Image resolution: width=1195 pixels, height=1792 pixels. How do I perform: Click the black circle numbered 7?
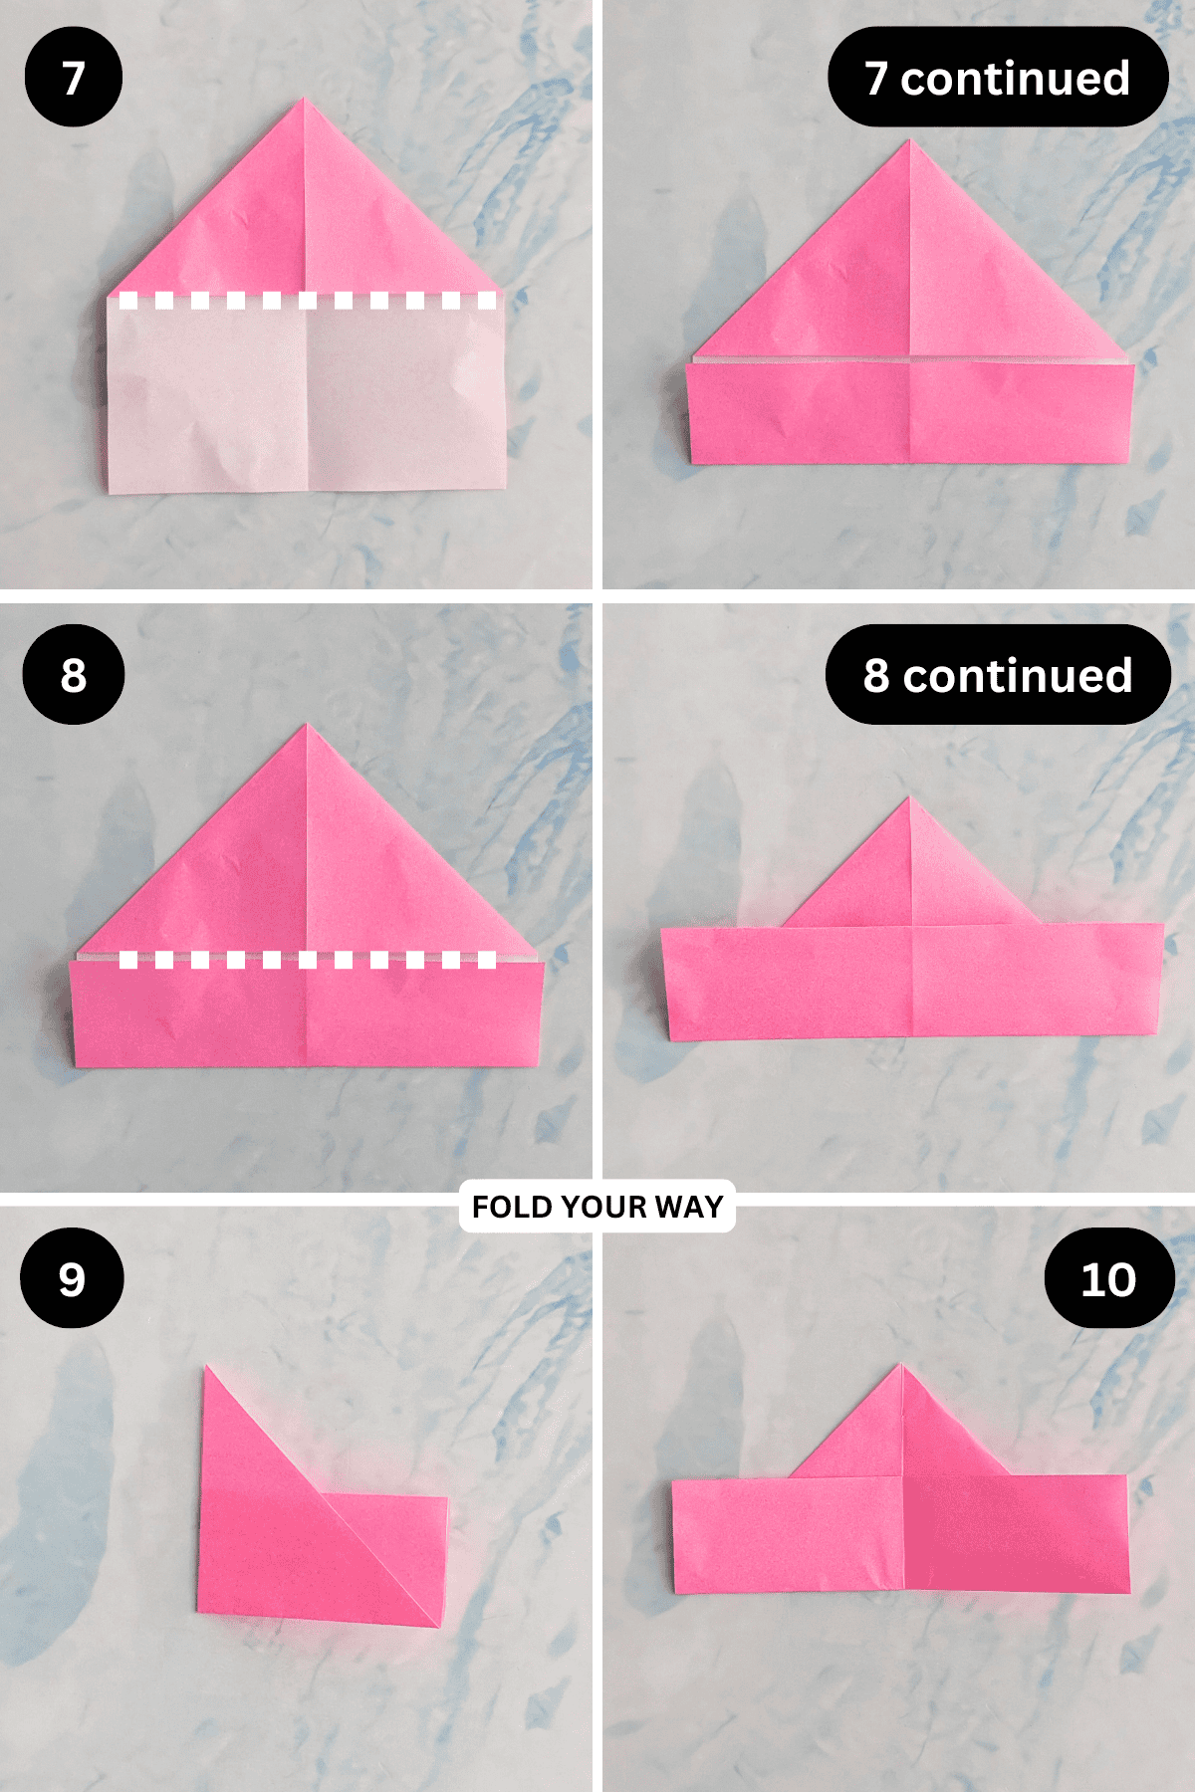pyautogui.click(x=73, y=78)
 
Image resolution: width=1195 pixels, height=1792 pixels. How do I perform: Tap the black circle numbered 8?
pyautogui.click(x=73, y=674)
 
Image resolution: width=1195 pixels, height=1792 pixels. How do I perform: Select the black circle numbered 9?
pyautogui.click(x=72, y=1278)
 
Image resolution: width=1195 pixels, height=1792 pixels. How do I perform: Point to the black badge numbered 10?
pyautogui.click(x=1108, y=1278)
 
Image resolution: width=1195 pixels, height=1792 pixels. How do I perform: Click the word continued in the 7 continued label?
pyautogui.click(x=1015, y=78)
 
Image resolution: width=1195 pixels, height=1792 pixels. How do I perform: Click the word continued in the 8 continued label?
pyautogui.click(x=1017, y=675)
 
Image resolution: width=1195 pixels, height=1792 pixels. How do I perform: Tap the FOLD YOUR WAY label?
pyautogui.click(x=597, y=1207)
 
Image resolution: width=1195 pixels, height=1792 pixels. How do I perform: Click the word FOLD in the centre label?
pyautogui.click(x=511, y=1207)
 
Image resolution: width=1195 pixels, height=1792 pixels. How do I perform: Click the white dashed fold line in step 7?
pyautogui.click(x=307, y=300)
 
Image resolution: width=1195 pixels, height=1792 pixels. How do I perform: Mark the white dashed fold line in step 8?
pyautogui.click(x=307, y=960)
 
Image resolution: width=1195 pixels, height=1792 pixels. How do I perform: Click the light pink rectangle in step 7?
pyautogui.click(x=307, y=398)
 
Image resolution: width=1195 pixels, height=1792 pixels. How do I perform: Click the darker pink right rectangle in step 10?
pyautogui.click(x=1016, y=1533)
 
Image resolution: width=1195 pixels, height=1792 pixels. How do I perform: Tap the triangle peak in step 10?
pyautogui.click(x=901, y=1366)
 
